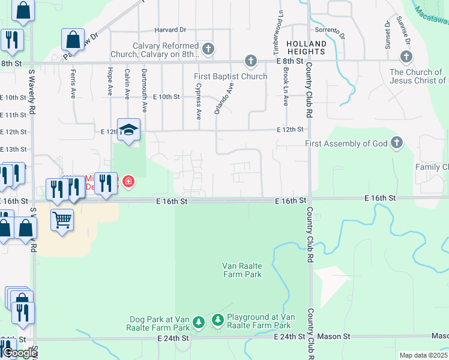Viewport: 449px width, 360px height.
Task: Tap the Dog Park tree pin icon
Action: pyautogui.click(x=199, y=323)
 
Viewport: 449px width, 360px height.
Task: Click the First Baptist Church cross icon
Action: pyautogui.click(x=250, y=61)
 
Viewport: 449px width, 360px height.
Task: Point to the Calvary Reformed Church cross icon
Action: pyautogui.click(x=208, y=49)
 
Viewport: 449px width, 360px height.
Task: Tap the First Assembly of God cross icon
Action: pyautogui.click(x=396, y=143)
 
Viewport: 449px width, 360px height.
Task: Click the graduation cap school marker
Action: pyautogui.click(x=128, y=130)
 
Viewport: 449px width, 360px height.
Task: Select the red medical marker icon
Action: pyautogui.click(x=128, y=181)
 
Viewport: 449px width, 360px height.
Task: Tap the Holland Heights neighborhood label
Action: pyautogui.click(x=306, y=48)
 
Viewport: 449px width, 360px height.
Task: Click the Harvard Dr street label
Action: pyautogui.click(x=170, y=29)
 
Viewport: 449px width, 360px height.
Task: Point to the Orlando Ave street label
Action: pyautogui.click(x=223, y=98)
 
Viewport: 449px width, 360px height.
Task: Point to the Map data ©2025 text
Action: pyautogui.click(x=424, y=355)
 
